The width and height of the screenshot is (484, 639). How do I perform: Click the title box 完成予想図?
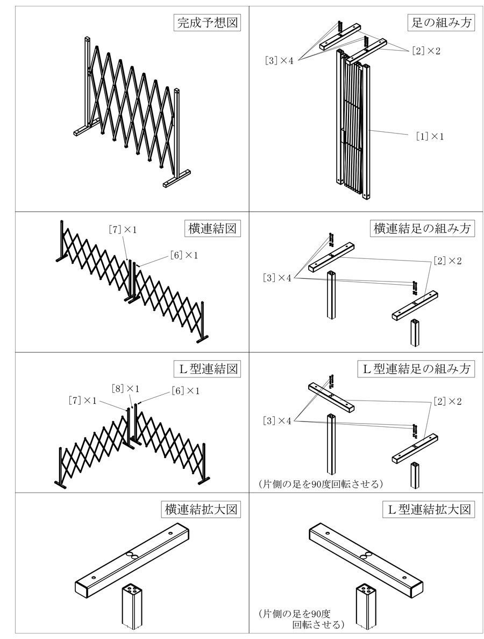click(207, 23)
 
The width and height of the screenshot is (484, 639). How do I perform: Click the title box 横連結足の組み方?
click(423, 228)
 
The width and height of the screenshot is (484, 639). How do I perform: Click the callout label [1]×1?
click(430, 137)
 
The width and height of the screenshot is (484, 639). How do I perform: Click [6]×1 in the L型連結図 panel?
click(186, 390)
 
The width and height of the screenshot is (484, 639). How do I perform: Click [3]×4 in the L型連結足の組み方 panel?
click(277, 420)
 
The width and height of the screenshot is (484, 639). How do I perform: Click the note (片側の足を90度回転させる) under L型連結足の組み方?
click(321, 484)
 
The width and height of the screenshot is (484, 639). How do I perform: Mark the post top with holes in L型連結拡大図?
click(366, 588)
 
